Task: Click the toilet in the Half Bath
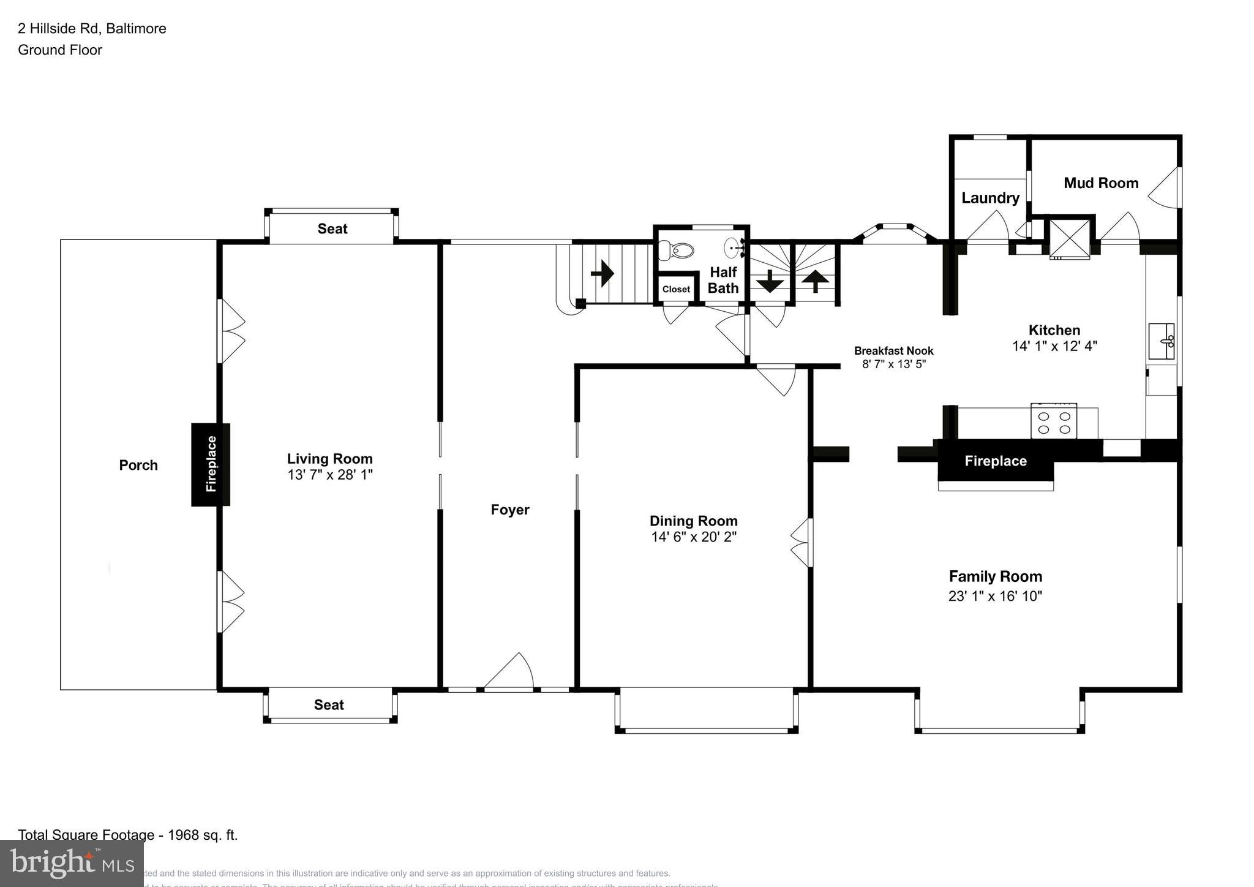click(x=677, y=250)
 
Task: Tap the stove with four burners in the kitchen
click(x=1054, y=421)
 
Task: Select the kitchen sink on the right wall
click(x=1162, y=341)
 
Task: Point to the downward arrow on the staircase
click(x=770, y=282)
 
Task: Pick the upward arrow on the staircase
click(x=815, y=282)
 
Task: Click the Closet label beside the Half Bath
click(x=676, y=289)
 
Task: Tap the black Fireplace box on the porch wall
click(x=211, y=464)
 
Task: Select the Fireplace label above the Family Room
click(x=996, y=461)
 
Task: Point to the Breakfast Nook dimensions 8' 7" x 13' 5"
click(x=894, y=364)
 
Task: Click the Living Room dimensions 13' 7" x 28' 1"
click(x=330, y=475)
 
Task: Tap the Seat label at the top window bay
click(x=332, y=229)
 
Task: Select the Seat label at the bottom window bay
click(x=329, y=705)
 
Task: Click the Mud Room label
click(x=1101, y=183)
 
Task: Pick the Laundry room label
click(x=990, y=198)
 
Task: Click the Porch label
click(x=138, y=466)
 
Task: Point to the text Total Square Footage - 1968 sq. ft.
click(x=128, y=835)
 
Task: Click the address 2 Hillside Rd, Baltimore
click(x=92, y=29)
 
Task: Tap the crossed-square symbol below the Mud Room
click(x=1069, y=238)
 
